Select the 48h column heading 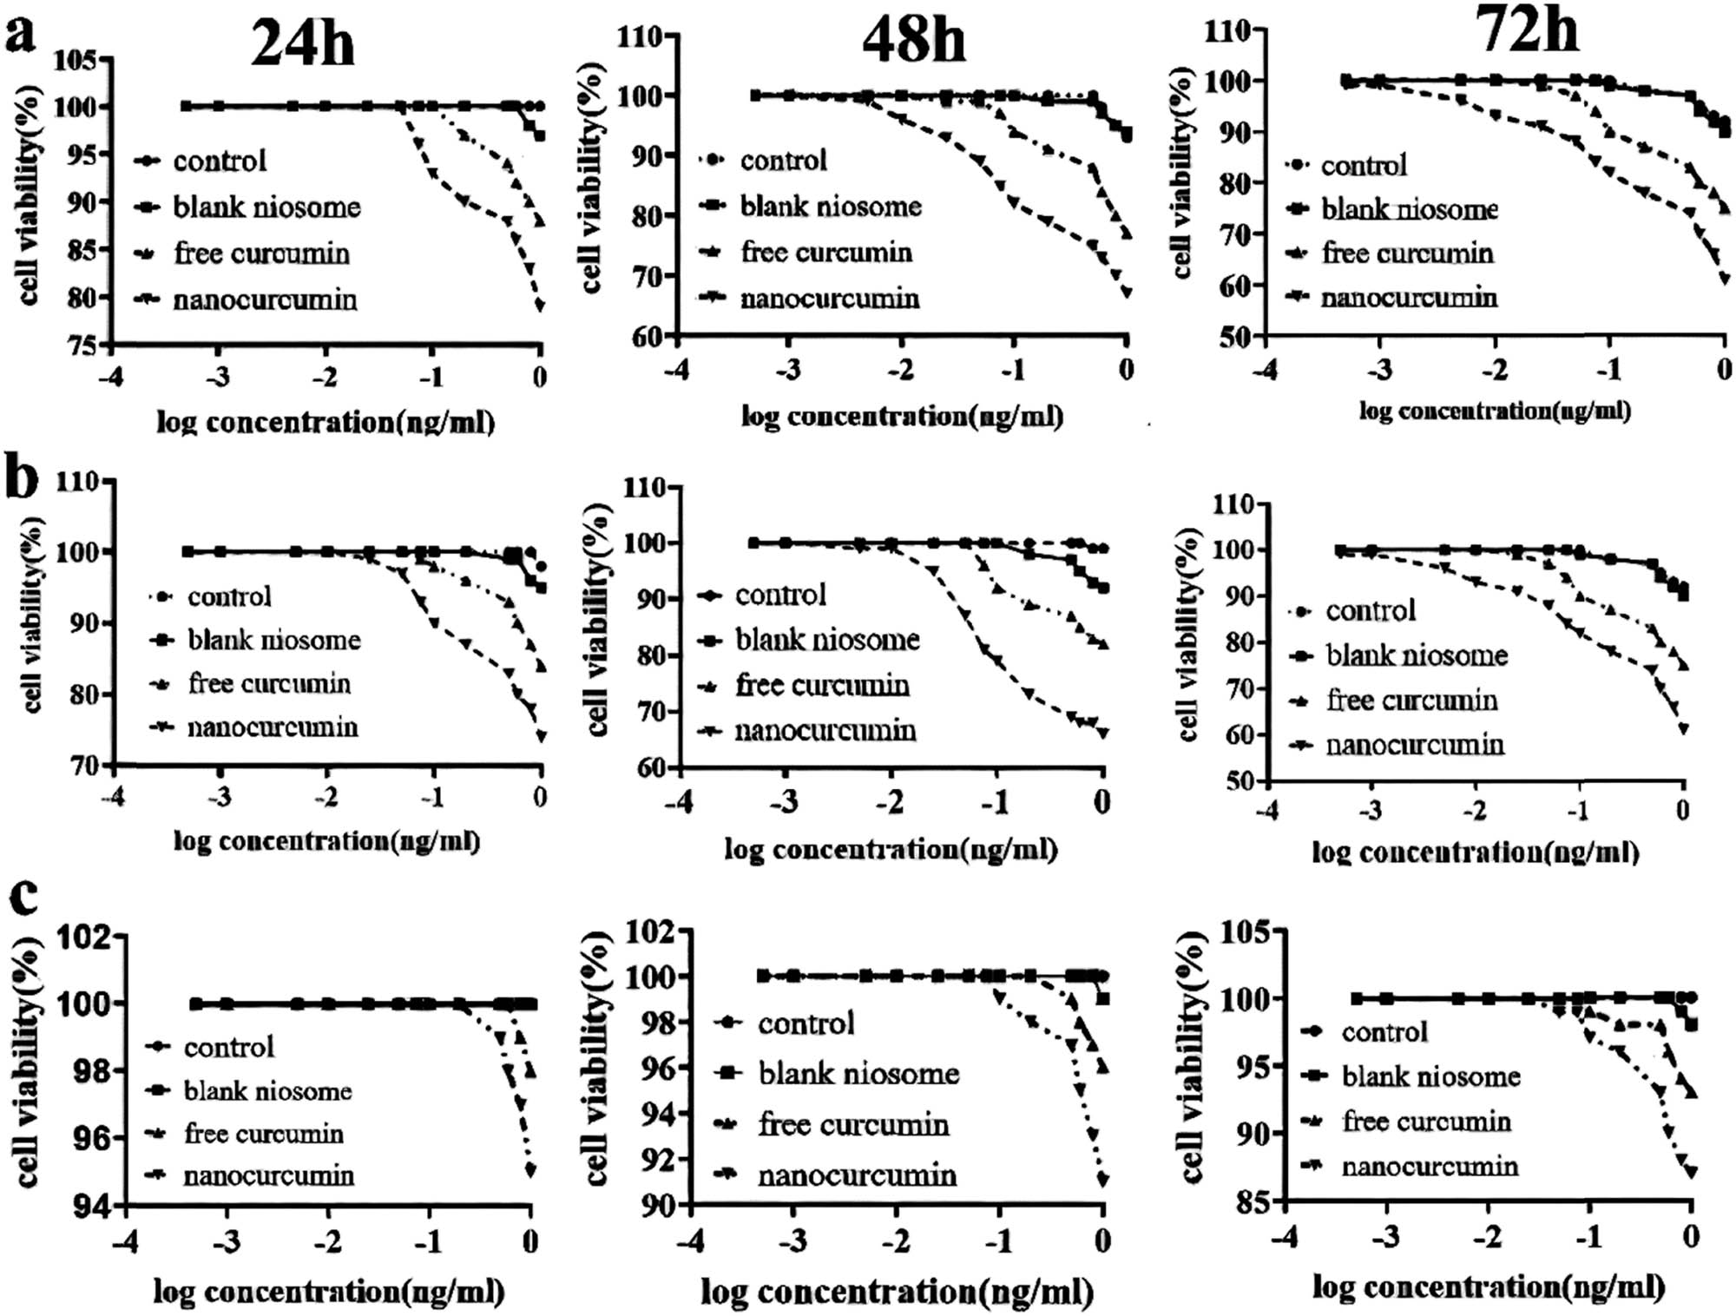click(913, 39)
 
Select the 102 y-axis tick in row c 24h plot click(85, 937)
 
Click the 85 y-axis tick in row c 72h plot click(1249, 1202)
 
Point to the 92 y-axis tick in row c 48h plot click(650, 1159)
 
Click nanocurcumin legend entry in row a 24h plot click(265, 299)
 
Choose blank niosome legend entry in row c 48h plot click(858, 1074)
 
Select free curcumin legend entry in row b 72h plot click(1411, 700)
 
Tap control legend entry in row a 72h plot click(1363, 165)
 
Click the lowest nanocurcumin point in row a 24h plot click(539, 306)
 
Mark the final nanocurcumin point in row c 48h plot click(1102, 1180)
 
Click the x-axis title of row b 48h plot click(891, 849)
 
